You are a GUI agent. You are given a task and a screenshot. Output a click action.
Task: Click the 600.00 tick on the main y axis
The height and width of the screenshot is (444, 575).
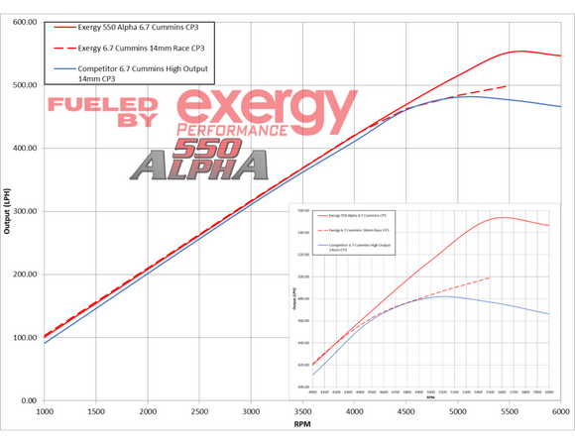click(23, 22)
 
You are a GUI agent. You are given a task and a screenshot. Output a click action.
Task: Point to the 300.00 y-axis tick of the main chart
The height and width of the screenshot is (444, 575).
click(23, 211)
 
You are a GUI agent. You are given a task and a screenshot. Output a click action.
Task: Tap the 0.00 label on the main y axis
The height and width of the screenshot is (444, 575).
click(28, 400)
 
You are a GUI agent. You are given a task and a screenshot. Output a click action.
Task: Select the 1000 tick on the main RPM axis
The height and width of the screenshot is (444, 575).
click(45, 410)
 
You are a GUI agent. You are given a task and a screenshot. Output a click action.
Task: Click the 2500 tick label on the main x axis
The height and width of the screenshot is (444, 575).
click(199, 410)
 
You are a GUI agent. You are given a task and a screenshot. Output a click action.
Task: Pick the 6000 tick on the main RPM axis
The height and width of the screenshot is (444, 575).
click(560, 410)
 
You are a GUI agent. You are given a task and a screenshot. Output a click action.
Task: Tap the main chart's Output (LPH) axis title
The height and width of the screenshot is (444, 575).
click(7, 211)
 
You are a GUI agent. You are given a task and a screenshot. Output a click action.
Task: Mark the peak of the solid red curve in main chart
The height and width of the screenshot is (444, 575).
click(520, 52)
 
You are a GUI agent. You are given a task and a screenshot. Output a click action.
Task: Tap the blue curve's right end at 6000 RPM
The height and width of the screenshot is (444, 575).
click(560, 107)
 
